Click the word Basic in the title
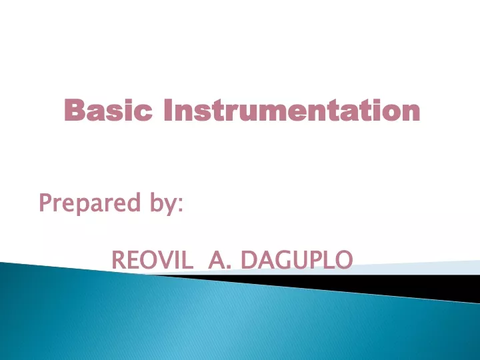[108, 110]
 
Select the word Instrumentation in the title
[292, 110]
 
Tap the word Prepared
[90, 203]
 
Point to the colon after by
[180, 205]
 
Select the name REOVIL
[152, 260]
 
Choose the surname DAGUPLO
[297, 260]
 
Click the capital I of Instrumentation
[167, 110]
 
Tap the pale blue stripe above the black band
[398, 268]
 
